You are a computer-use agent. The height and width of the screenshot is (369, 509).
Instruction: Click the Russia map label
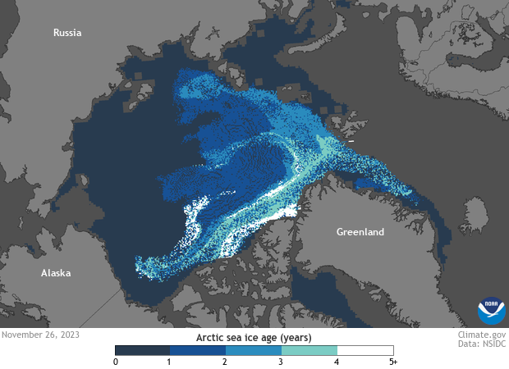(68, 33)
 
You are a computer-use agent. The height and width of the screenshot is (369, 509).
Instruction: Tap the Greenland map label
(360, 232)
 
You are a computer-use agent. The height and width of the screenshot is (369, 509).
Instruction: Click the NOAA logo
(492, 311)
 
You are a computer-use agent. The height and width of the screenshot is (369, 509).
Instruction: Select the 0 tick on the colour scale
(116, 362)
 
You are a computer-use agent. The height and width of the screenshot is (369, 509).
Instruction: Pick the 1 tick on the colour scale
(170, 362)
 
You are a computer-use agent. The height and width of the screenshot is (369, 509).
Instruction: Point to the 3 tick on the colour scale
(282, 362)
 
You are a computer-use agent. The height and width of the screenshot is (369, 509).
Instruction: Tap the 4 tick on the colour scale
(337, 362)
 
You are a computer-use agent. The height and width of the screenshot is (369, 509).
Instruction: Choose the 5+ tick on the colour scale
(392, 362)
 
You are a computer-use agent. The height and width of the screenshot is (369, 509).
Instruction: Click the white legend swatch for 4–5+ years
(365, 350)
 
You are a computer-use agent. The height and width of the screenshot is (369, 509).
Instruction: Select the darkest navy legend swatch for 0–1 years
(142, 350)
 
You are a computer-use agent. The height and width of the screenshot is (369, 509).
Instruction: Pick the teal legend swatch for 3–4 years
(310, 350)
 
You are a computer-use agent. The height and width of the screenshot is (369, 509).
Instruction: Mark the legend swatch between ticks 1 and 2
(198, 350)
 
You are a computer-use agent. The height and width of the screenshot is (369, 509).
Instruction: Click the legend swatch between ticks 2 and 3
(254, 350)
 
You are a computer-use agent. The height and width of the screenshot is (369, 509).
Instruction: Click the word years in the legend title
(295, 337)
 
